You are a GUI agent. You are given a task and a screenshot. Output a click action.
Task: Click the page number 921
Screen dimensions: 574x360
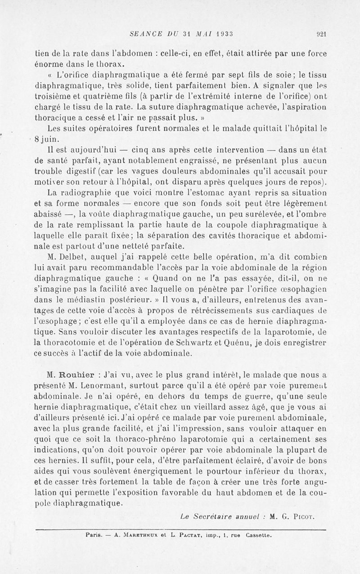pyautogui.click(x=321, y=33)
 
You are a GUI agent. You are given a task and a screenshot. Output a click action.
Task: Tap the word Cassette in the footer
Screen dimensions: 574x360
pyautogui.click(x=257, y=536)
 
